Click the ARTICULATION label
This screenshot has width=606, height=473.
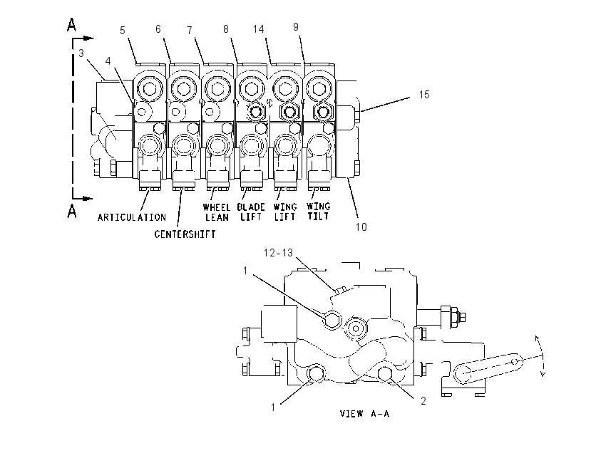pyautogui.click(x=132, y=217)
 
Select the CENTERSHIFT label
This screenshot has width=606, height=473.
pyautogui.click(x=185, y=234)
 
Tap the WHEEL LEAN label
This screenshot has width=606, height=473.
pyautogui.click(x=217, y=212)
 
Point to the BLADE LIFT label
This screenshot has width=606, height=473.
pyautogui.click(x=251, y=212)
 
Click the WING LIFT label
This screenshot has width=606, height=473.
pyautogui.click(x=285, y=212)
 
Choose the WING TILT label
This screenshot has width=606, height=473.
pyautogui.click(x=319, y=211)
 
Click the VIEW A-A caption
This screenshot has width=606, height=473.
pyautogui.click(x=364, y=414)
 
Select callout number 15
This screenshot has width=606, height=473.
pyautogui.click(x=424, y=95)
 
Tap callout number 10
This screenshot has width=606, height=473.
pyautogui.click(x=361, y=227)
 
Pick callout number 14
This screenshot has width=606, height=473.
pyautogui.click(x=259, y=29)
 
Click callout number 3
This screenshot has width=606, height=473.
pyautogui.click(x=81, y=53)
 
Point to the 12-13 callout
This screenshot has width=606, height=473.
pyautogui.click(x=278, y=253)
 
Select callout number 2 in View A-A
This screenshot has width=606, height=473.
pyautogui.click(x=423, y=401)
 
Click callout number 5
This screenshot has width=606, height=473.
pyautogui.click(x=123, y=31)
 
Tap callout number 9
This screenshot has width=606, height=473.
pyautogui.click(x=296, y=26)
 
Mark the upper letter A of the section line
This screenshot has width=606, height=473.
pyautogui.click(x=71, y=25)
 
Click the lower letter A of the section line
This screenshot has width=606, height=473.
pyautogui.click(x=72, y=211)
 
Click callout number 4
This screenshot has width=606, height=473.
pyautogui.click(x=108, y=61)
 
